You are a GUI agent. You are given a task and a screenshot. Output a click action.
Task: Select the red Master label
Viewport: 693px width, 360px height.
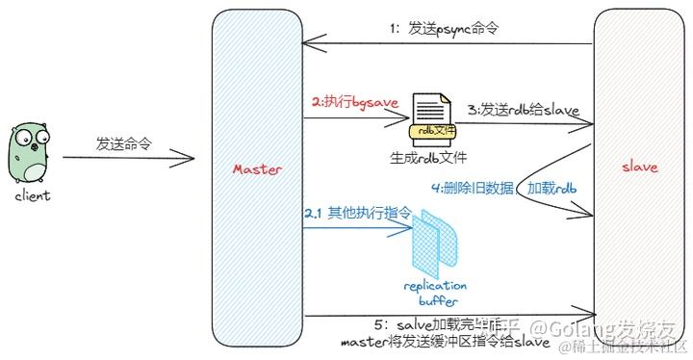click(x=258, y=169)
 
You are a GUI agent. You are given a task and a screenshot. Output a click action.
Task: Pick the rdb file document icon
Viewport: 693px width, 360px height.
click(x=430, y=118)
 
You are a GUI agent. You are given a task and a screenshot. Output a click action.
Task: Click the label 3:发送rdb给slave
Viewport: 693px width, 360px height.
click(x=522, y=111)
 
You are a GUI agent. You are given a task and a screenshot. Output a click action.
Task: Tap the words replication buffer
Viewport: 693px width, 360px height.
click(x=436, y=293)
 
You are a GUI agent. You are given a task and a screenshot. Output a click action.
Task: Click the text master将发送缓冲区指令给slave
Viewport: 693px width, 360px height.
click(x=446, y=342)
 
